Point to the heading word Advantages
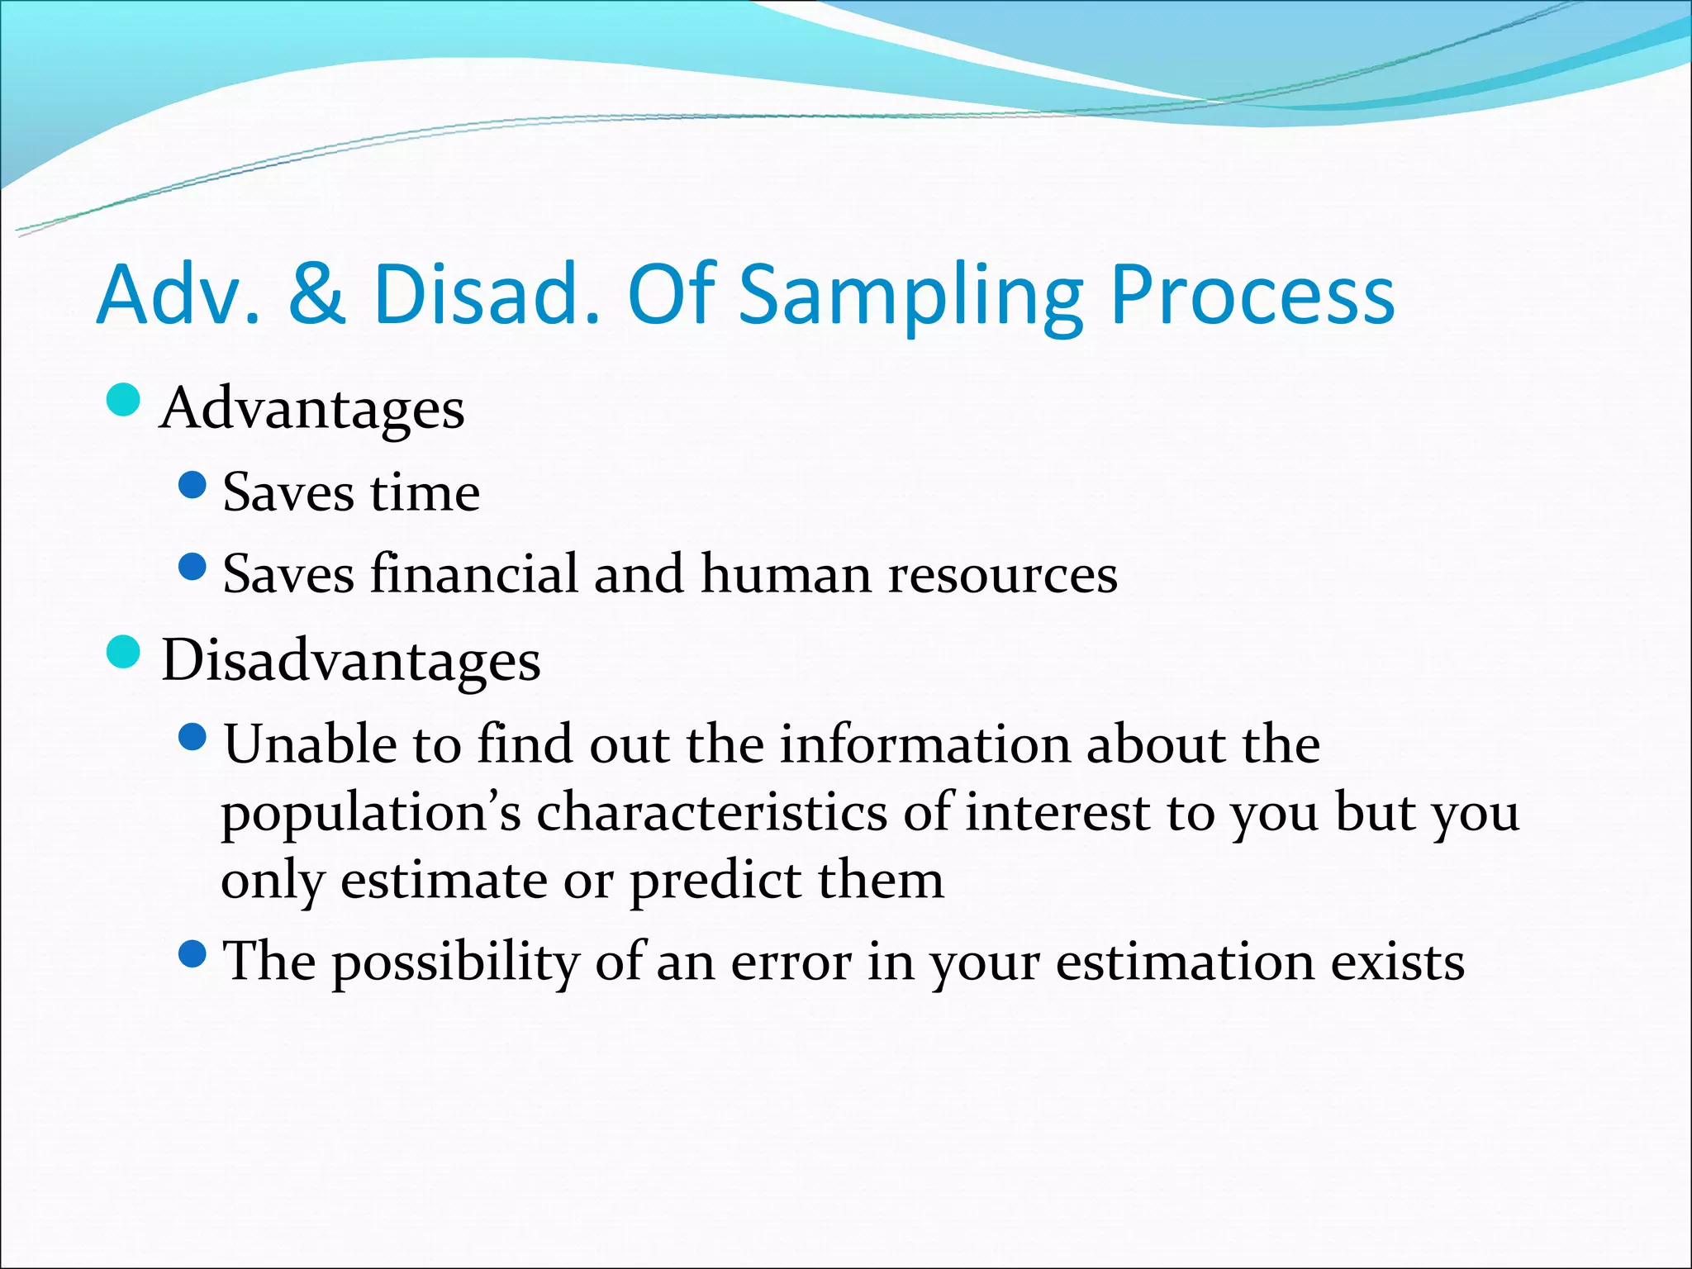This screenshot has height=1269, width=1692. [312, 409]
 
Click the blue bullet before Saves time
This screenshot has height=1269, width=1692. [192, 485]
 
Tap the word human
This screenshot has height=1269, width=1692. [785, 573]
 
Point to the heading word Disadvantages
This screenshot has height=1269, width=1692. [350, 660]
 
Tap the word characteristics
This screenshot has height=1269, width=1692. [711, 811]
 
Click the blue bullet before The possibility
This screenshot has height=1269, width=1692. [192, 954]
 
